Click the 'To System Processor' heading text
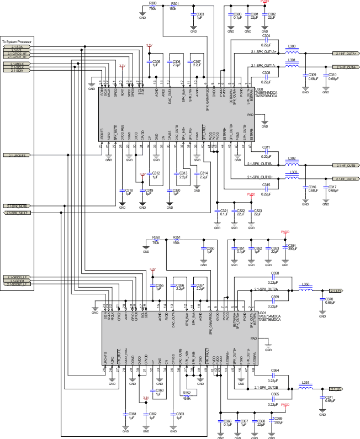[17, 42]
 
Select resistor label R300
[153, 3]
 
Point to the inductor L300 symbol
[293, 53]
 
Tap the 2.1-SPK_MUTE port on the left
[18, 205]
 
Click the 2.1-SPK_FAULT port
[18, 212]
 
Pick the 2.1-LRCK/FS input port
[18, 156]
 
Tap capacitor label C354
[292, 245]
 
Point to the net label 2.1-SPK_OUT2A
[266, 289]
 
